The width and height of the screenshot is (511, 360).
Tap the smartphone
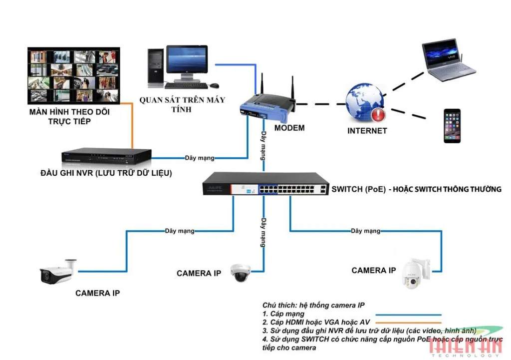[x=452, y=126]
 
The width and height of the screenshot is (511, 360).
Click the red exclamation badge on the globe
[x=378, y=115]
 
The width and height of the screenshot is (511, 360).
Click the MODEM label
[x=289, y=128]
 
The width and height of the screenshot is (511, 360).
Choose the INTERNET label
[x=367, y=131]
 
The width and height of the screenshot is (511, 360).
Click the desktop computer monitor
[x=187, y=61]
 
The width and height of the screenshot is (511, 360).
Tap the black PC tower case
[x=156, y=66]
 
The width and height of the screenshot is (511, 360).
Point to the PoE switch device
[x=265, y=184]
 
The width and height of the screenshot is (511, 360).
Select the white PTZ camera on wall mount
[x=415, y=274]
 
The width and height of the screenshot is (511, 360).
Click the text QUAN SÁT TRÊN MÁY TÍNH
[x=182, y=104]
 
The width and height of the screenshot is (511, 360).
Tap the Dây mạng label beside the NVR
[x=199, y=158]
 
